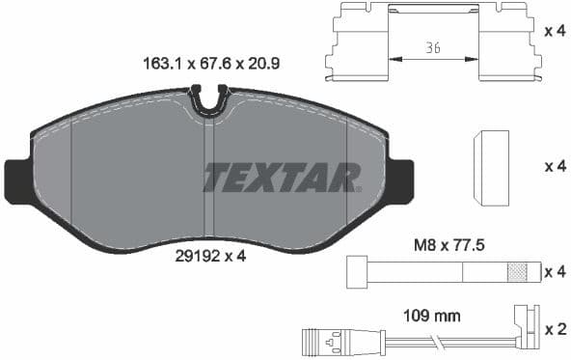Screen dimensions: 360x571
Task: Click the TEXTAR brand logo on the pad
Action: [x=281, y=178]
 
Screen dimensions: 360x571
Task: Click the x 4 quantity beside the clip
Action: [x=554, y=31]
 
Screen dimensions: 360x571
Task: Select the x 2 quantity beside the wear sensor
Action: [x=555, y=329]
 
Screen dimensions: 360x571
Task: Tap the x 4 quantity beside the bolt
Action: [x=555, y=271]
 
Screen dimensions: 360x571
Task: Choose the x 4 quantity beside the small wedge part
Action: [x=555, y=166]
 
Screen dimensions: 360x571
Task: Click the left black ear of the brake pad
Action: [x=17, y=181]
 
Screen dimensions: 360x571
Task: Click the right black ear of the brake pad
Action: [x=401, y=181]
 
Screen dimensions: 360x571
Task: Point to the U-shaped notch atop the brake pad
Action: [x=208, y=98]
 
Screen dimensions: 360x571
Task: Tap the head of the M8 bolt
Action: [x=354, y=272]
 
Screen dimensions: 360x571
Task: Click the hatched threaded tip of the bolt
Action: [x=521, y=272]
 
